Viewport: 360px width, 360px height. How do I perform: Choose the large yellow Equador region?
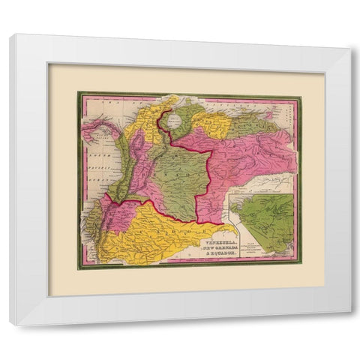(150, 225)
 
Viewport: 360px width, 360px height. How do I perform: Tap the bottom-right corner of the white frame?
(349, 325)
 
